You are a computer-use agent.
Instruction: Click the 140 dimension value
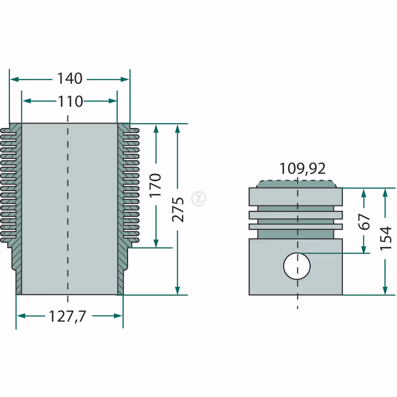click(69, 78)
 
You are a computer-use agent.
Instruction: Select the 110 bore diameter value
click(70, 101)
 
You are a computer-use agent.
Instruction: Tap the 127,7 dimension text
click(67, 316)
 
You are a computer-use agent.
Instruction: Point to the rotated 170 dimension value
click(155, 185)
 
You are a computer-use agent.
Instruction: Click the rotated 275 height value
click(178, 209)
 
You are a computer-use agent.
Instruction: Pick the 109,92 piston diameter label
click(302, 168)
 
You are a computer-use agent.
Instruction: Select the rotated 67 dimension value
click(364, 222)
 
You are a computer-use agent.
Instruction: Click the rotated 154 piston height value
click(386, 238)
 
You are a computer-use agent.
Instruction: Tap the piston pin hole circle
click(297, 266)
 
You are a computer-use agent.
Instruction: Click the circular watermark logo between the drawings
click(199, 198)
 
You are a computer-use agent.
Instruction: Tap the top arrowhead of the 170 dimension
click(156, 129)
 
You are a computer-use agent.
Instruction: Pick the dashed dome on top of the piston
click(297, 184)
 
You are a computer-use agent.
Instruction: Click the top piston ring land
click(296, 197)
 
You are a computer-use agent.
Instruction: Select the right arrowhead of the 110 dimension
click(113, 101)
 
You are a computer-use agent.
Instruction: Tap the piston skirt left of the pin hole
click(266, 267)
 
